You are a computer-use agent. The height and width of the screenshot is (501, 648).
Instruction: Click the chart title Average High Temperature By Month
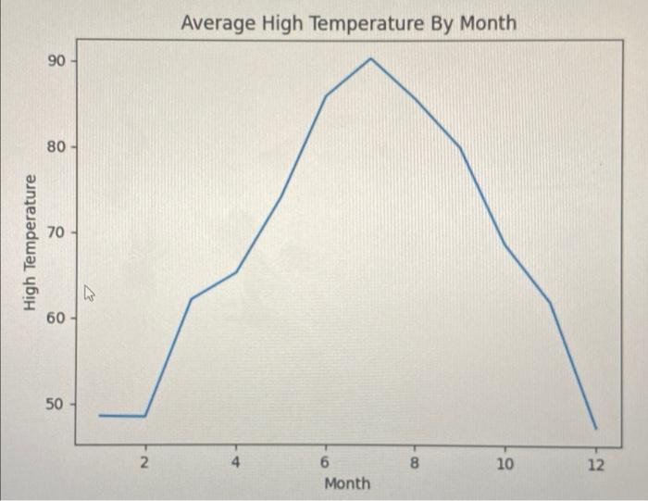click(349, 22)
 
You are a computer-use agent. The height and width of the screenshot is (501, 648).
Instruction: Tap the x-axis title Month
click(347, 482)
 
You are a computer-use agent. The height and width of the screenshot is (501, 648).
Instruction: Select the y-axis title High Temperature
click(31, 242)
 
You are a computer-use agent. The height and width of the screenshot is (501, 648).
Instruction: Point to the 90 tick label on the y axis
click(55, 61)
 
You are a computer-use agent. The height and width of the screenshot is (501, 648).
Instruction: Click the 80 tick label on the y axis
click(55, 146)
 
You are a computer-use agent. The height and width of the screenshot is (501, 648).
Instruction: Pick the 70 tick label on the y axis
click(55, 232)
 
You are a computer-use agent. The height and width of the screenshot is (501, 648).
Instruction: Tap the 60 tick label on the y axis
click(55, 319)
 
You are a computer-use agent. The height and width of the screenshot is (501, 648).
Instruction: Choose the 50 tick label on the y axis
click(55, 405)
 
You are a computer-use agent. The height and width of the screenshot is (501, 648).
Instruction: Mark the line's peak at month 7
click(370, 58)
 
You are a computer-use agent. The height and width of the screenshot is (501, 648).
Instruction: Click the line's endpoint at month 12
click(596, 429)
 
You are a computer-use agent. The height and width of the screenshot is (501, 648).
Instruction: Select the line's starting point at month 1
click(100, 415)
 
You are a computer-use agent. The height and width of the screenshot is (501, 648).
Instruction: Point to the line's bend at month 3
click(191, 299)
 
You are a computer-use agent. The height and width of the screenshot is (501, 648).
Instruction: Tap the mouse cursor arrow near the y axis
click(90, 294)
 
